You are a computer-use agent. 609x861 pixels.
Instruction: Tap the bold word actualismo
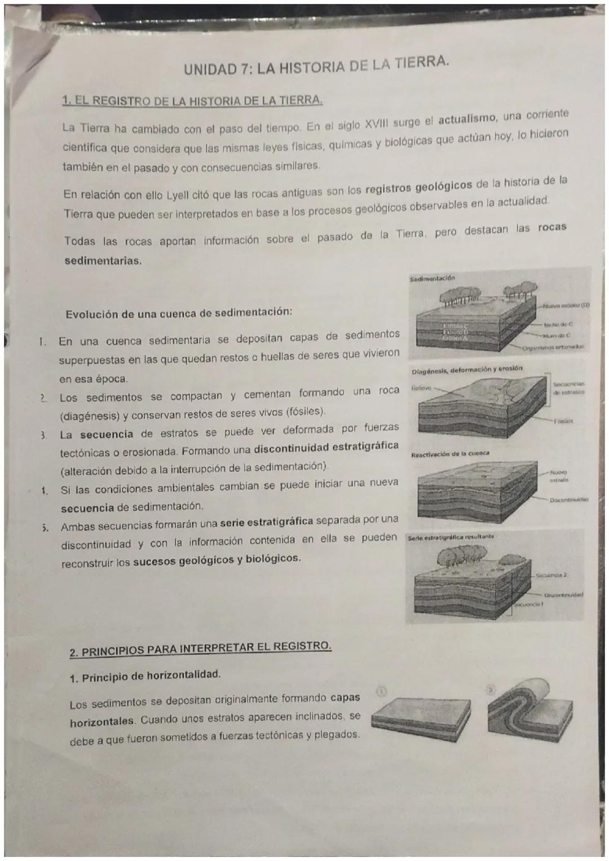[467, 119]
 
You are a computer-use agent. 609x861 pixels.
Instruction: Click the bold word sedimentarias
[103, 261]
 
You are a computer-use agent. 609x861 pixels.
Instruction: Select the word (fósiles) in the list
[306, 410]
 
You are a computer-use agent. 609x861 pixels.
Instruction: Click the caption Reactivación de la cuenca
[450, 453]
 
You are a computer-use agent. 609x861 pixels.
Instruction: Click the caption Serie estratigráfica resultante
[452, 537]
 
